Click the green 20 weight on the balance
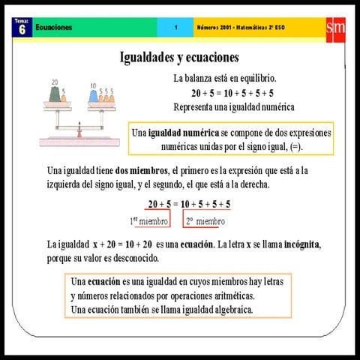pos(55,95)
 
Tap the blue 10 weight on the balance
pos(94,97)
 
